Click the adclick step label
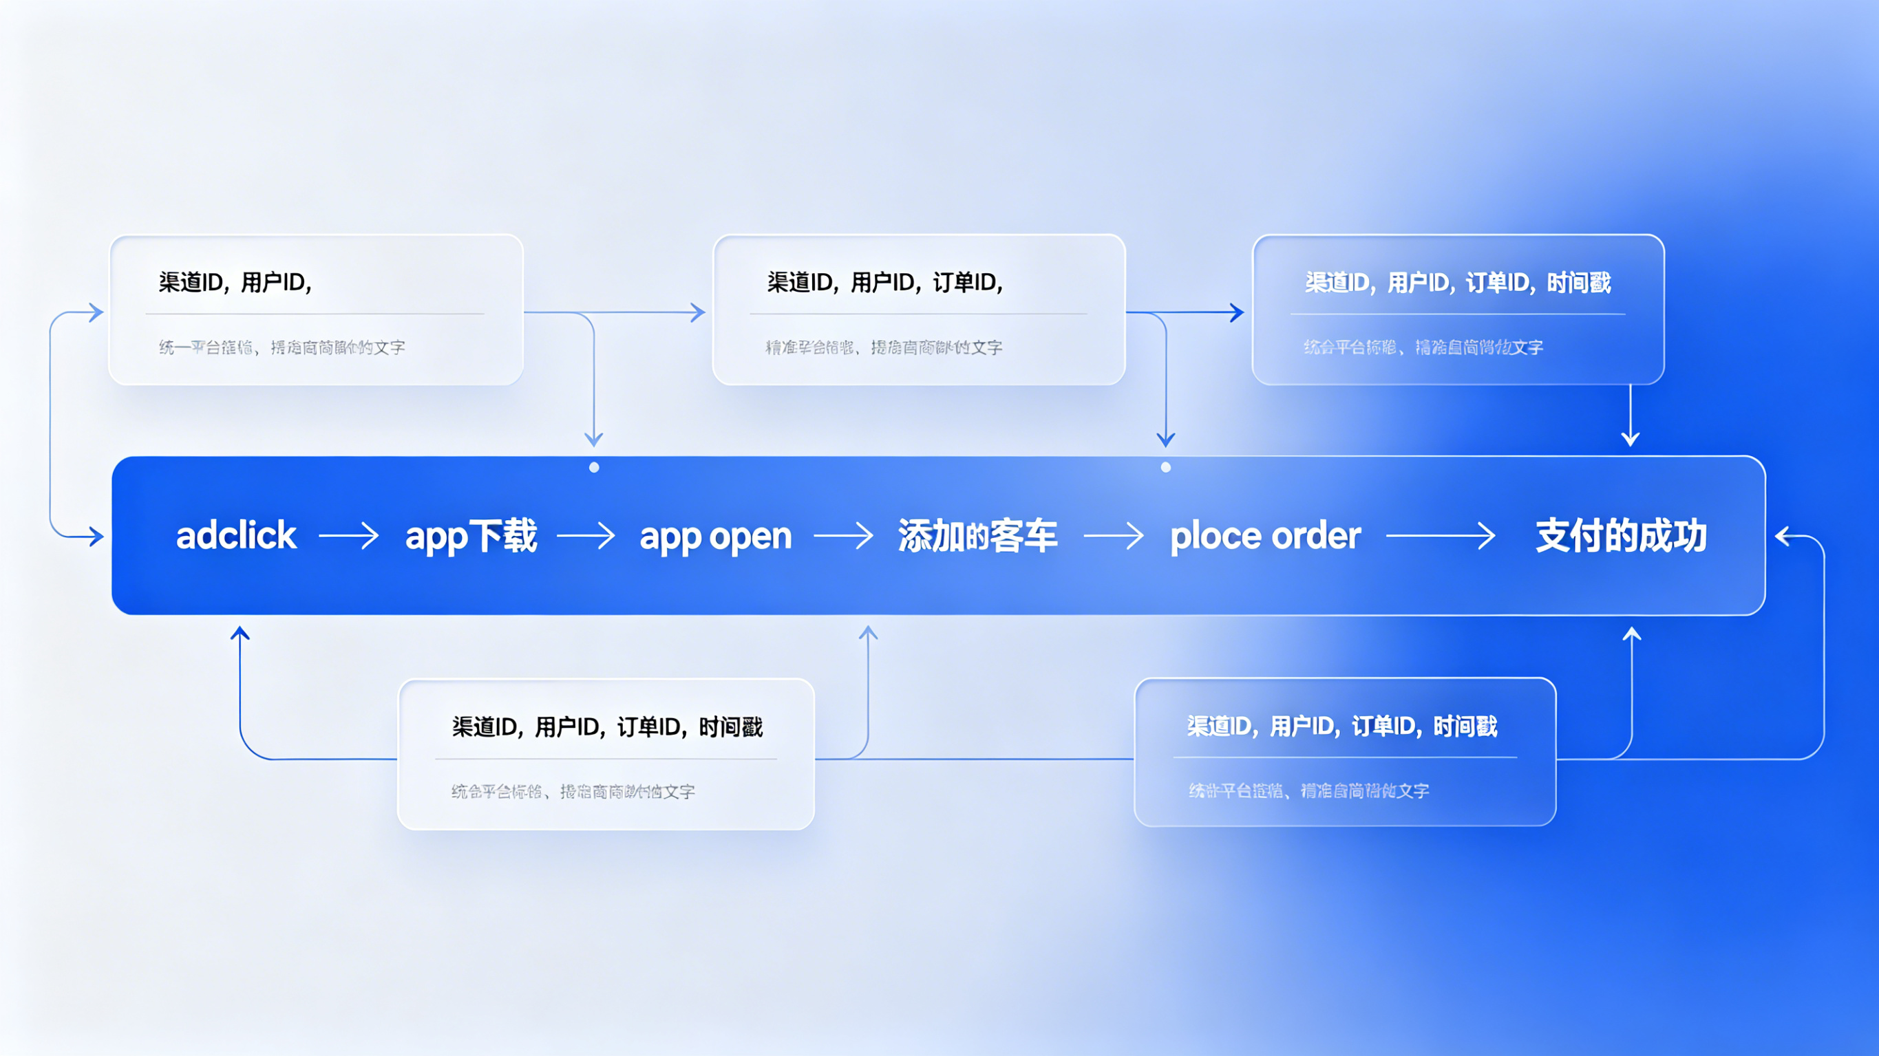(x=236, y=536)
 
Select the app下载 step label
(x=471, y=536)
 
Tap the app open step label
(x=716, y=537)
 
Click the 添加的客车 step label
(x=977, y=536)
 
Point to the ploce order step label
(x=1266, y=536)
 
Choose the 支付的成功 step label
(x=1621, y=536)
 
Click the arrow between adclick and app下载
(x=349, y=536)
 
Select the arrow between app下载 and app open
(x=586, y=536)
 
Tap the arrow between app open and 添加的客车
(x=843, y=536)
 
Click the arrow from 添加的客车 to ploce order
(x=1113, y=536)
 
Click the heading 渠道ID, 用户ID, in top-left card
(x=235, y=282)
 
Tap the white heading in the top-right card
(x=1457, y=282)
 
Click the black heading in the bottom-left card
(x=607, y=727)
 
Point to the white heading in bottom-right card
(x=1342, y=726)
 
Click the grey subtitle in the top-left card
(x=282, y=347)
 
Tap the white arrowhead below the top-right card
(x=1631, y=438)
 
